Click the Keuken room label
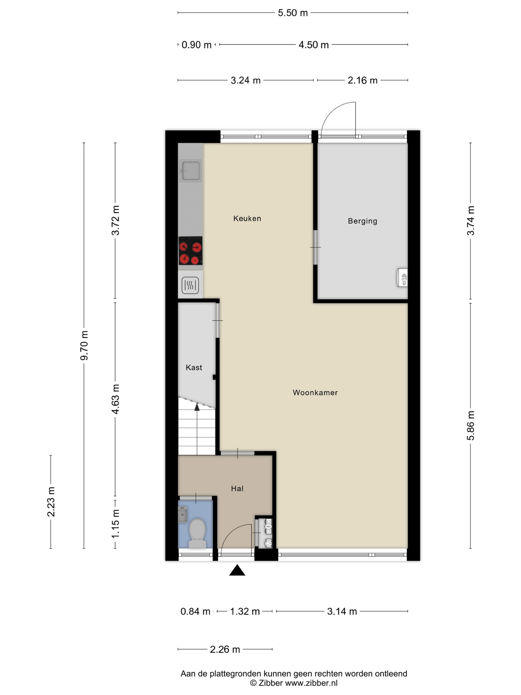[247, 218]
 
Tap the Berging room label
[362, 221]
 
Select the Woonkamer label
[315, 392]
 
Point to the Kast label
[194, 367]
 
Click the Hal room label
[237, 488]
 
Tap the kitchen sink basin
[190, 171]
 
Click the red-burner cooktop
[190, 251]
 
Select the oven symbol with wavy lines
[190, 285]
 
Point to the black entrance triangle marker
[237, 570]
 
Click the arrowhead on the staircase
[197, 407]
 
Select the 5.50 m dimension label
[293, 13]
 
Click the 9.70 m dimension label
[84, 345]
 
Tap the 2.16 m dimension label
[362, 80]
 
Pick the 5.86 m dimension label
[470, 425]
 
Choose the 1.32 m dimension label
[245, 611]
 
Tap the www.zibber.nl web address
[311, 683]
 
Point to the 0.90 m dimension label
[196, 45]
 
